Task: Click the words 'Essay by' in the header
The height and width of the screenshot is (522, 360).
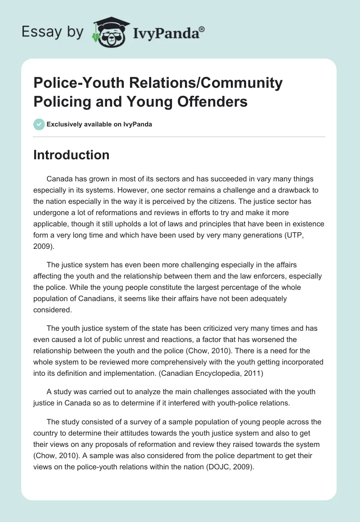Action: pos(53,32)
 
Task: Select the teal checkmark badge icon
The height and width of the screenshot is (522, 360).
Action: pos(39,124)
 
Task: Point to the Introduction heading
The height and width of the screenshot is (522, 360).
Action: pos(72,155)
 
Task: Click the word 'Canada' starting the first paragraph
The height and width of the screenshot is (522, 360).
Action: pos(59,179)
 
